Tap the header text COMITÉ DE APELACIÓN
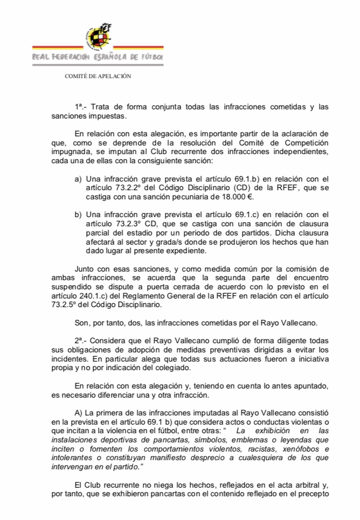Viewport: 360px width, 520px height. [x=98, y=76]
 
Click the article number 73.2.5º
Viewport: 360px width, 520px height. [x=88, y=304]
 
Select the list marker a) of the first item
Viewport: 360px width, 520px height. [x=78, y=178]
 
